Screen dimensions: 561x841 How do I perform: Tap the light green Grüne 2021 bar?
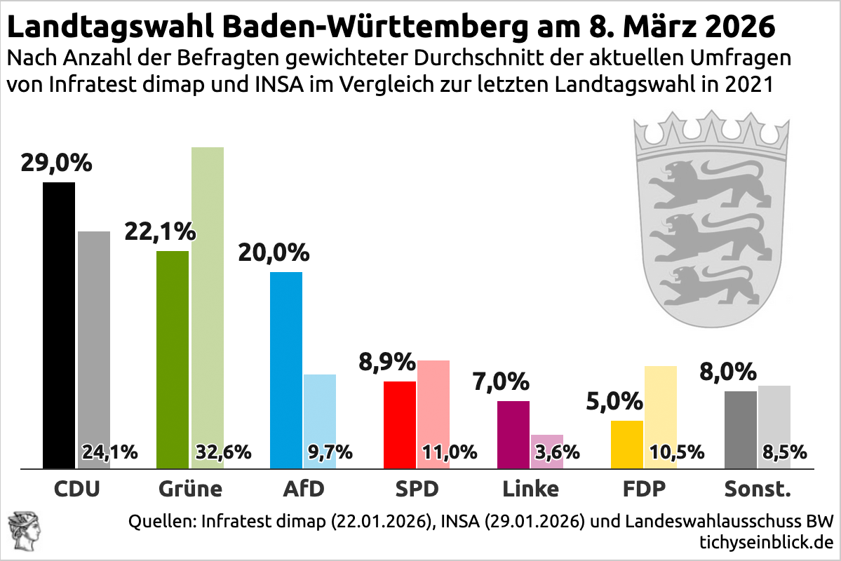coord(208,295)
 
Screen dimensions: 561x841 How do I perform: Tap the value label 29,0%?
coord(57,163)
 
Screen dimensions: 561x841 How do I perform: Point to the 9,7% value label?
coord(330,452)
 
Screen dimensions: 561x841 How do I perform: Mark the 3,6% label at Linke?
coord(557,452)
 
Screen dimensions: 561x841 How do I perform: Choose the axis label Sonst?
coord(758,489)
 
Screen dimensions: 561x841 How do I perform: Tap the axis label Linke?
coord(530,489)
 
